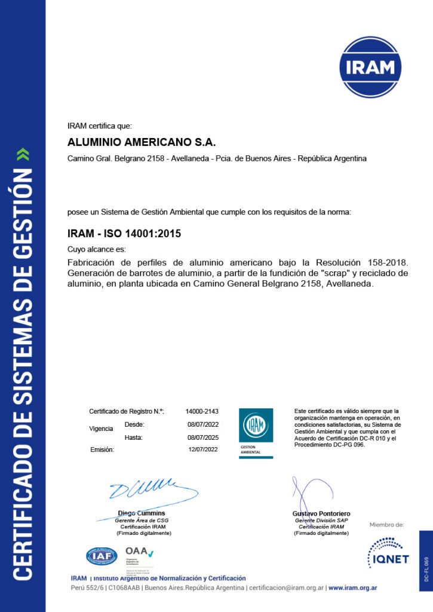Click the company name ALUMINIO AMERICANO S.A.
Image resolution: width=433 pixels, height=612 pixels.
tap(141, 143)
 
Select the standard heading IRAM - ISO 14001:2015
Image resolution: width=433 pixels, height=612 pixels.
tap(124, 234)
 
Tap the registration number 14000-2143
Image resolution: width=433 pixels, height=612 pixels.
tap(202, 412)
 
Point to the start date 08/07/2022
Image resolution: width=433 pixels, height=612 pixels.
tap(202, 425)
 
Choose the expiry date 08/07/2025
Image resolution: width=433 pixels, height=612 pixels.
tap(202, 438)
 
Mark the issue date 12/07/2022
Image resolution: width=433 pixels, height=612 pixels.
tap(202, 449)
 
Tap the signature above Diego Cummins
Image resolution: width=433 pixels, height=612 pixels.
tap(149, 492)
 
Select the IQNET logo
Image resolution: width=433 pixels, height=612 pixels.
tap(388, 552)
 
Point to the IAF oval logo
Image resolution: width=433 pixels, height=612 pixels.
tap(102, 556)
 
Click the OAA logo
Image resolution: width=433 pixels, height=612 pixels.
tap(139, 553)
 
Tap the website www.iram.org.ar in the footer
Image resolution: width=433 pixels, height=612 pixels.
tap(352, 588)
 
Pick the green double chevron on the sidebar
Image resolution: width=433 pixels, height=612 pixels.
tap(23, 155)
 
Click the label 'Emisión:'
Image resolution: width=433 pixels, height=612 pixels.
tap(102, 449)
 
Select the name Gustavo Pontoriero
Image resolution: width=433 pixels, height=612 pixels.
tap(321, 514)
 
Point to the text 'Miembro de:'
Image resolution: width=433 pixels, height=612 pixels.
tap(386, 525)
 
